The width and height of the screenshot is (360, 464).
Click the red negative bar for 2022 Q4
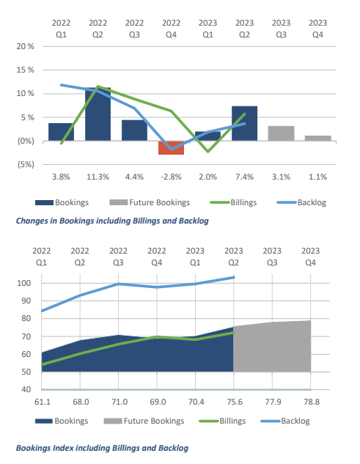[171, 147]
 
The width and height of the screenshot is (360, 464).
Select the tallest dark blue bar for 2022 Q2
[98, 114]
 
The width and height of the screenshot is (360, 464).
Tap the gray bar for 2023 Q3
[281, 133]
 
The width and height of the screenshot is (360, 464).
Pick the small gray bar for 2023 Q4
[317, 138]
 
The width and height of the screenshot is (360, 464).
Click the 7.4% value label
[245, 177]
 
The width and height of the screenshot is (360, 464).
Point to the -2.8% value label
[171, 177]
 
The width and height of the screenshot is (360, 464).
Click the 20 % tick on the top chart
[26, 46]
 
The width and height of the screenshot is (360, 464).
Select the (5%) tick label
[26, 164]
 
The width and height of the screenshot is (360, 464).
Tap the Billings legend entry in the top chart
[233, 202]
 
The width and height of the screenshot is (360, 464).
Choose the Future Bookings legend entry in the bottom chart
[144, 421]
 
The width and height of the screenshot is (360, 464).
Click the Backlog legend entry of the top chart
[301, 202]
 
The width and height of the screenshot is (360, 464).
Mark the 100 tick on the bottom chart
[24, 283]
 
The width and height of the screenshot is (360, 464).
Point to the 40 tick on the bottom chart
[26, 389]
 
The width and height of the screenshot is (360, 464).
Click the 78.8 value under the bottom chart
[312, 402]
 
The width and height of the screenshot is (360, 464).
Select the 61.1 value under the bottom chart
[43, 402]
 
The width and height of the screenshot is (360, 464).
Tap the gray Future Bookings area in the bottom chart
[272, 347]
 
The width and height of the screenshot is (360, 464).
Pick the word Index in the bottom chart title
[63, 448]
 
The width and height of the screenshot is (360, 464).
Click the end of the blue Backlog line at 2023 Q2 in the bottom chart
[234, 277]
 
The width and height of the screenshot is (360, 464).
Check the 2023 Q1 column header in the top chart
[207, 29]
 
